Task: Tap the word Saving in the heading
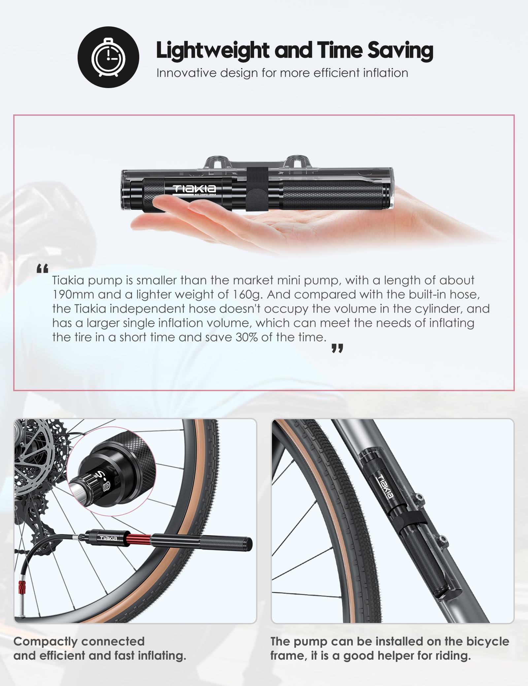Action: click(x=400, y=50)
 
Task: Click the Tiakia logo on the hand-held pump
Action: click(x=194, y=189)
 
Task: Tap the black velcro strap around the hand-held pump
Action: click(x=253, y=190)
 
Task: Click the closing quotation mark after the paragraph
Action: click(x=337, y=348)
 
